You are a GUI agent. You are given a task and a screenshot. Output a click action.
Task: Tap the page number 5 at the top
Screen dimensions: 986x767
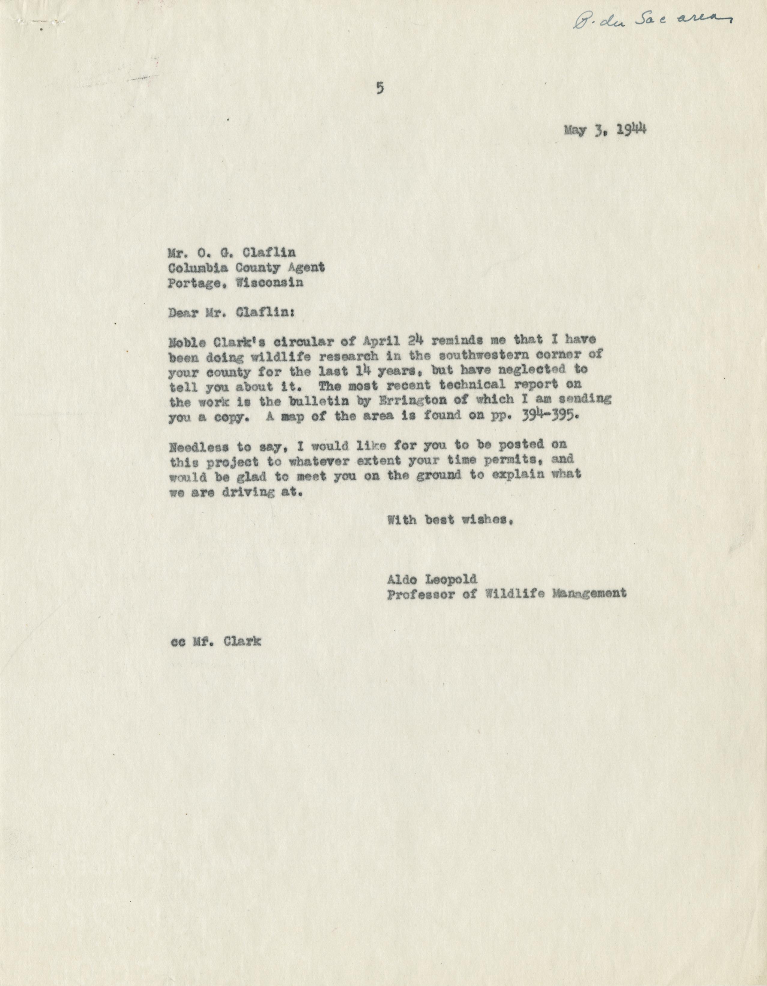[x=379, y=89]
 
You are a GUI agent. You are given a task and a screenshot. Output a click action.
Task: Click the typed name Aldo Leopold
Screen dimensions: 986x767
[x=426, y=579]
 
